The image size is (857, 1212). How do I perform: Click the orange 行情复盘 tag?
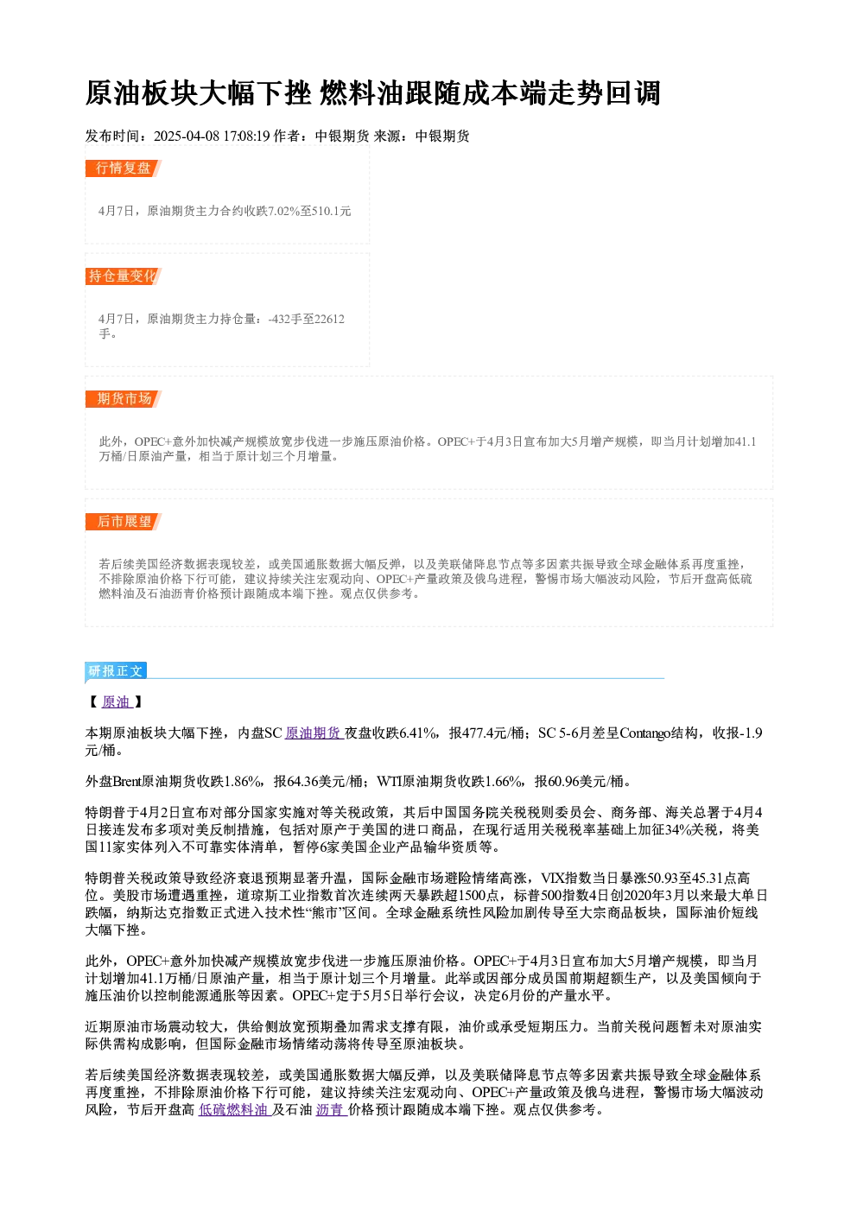coord(123,168)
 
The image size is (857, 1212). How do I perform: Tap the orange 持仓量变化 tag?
coord(123,276)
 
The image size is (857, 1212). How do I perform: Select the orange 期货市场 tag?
coord(123,399)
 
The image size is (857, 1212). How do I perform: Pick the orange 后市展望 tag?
coord(123,522)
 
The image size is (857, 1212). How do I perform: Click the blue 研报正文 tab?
coord(116,671)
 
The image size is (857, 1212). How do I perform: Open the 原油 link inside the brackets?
coord(116,702)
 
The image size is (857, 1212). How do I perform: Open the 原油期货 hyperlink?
coord(313,733)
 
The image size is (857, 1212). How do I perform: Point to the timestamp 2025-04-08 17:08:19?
coord(212,136)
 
